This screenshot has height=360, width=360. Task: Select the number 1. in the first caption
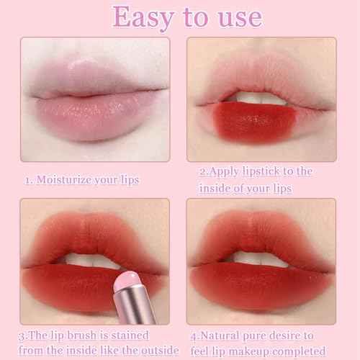(x=29, y=180)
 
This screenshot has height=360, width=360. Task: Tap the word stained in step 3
(x=138, y=335)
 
